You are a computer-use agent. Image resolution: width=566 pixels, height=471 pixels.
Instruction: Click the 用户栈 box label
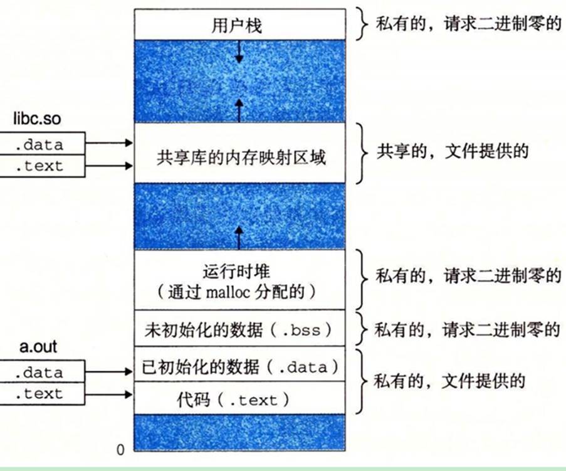[x=237, y=25]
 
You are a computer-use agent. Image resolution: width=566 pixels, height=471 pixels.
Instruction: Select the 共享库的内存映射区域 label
[x=241, y=157]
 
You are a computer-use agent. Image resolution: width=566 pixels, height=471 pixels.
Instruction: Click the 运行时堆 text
[x=236, y=272]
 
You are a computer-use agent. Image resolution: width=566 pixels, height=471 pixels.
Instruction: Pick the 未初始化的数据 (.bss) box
[x=239, y=328]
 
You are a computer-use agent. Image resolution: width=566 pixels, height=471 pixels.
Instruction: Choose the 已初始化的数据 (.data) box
[x=239, y=364]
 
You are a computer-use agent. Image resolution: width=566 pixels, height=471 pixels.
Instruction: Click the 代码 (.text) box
[x=239, y=398]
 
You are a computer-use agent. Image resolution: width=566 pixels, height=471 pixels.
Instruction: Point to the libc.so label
[x=37, y=119]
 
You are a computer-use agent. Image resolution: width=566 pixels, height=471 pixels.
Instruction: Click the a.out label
[x=38, y=346]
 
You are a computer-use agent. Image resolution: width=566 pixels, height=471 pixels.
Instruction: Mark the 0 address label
[x=120, y=450]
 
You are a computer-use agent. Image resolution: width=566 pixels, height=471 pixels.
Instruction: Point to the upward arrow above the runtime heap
[x=239, y=238]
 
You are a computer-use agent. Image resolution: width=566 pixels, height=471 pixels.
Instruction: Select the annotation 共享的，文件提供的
[x=453, y=151]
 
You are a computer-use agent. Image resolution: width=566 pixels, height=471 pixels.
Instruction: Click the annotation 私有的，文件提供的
[x=449, y=381]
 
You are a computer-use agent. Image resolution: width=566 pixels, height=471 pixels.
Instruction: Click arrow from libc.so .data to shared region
[x=109, y=143]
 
